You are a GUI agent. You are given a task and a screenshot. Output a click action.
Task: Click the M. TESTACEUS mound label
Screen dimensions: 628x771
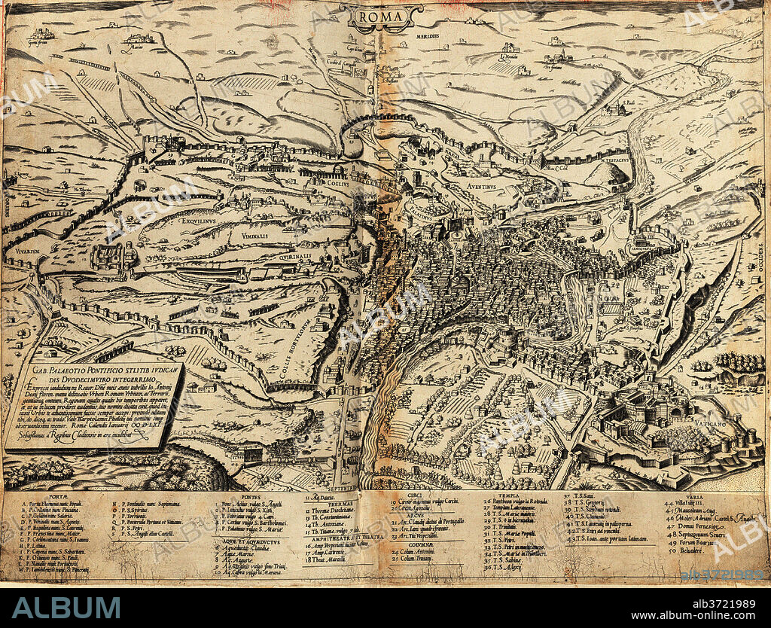617,160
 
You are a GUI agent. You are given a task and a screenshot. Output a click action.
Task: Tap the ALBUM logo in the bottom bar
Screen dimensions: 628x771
66,608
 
